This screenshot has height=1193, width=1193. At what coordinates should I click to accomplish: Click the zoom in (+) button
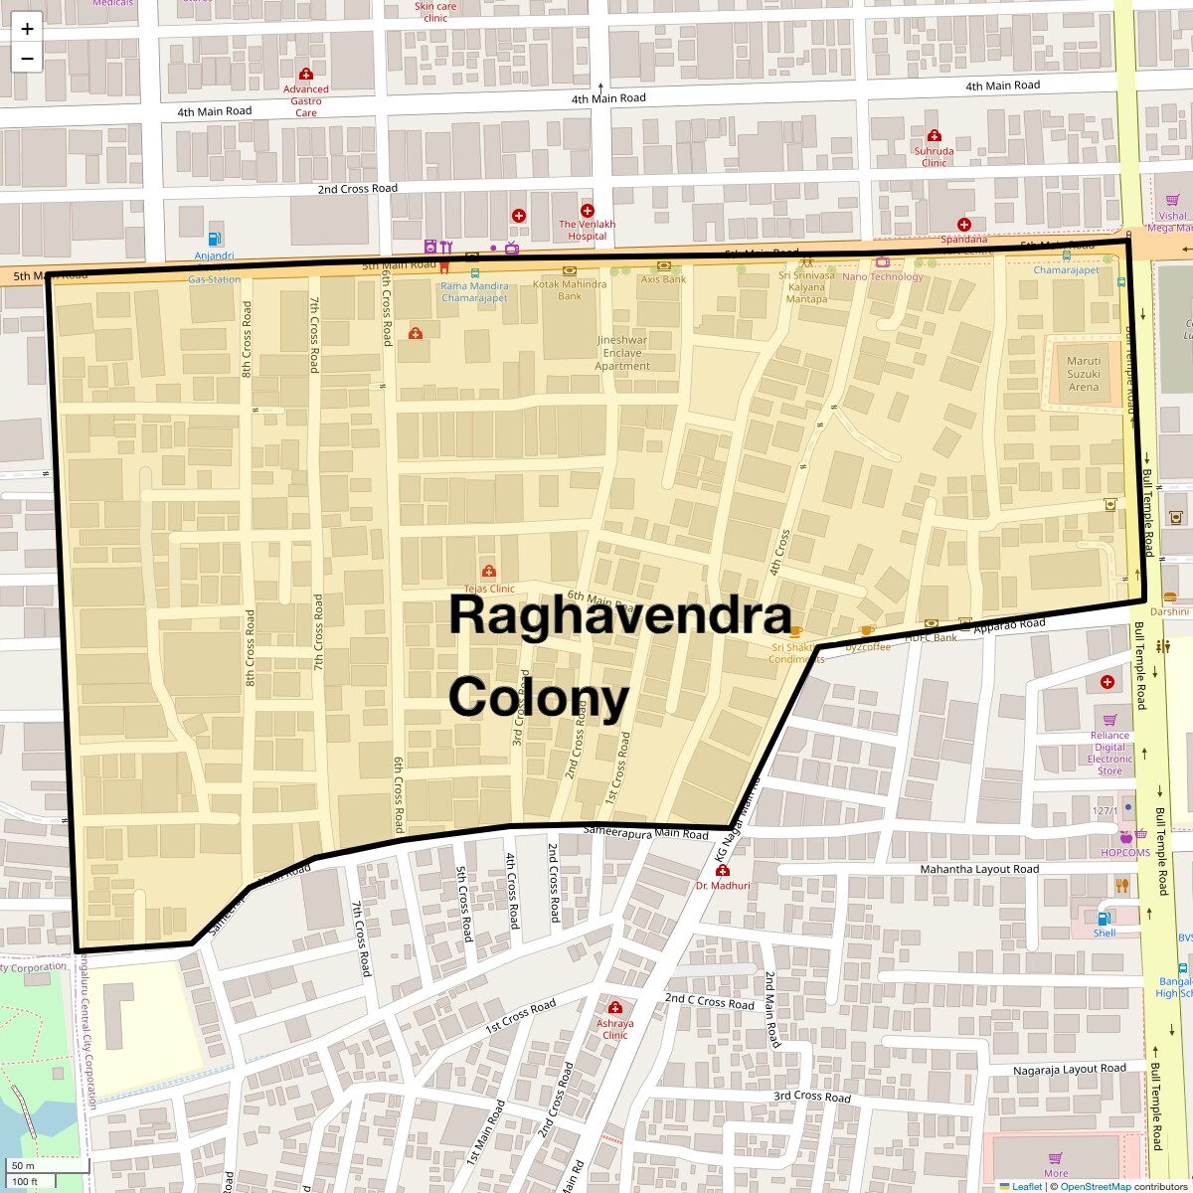click(x=27, y=29)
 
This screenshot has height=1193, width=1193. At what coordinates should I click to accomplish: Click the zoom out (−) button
click(x=27, y=59)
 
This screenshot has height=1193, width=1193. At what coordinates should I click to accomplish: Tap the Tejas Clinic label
click(x=489, y=589)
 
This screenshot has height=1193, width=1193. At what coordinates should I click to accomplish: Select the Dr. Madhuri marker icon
click(x=723, y=871)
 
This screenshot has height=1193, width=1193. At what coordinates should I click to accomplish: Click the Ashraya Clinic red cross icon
click(x=615, y=1007)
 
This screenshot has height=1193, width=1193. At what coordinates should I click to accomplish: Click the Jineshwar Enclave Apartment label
click(x=622, y=353)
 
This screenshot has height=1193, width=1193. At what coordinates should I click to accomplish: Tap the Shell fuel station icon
click(x=1104, y=919)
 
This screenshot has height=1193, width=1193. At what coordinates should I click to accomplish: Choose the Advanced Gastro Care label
click(x=306, y=100)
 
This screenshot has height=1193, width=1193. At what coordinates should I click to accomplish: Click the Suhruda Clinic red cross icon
click(x=934, y=135)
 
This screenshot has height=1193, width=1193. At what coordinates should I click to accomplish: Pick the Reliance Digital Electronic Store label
click(x=1109, y=753)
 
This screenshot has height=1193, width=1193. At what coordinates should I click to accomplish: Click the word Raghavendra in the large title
click(x=619, y=615)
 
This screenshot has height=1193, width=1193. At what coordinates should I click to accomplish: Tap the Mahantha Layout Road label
click(x=978, y=869)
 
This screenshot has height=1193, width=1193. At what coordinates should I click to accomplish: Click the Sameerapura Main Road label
click(x=645, y=831)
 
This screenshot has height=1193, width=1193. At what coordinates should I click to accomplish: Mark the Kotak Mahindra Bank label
click(x=570, y=290)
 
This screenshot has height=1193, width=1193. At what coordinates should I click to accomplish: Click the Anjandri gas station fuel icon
click(x=214, y=239)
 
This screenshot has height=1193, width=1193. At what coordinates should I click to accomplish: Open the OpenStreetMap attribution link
click(x=1095, y=1186)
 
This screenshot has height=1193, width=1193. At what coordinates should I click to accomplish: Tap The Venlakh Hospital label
click(x=587, y=230)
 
